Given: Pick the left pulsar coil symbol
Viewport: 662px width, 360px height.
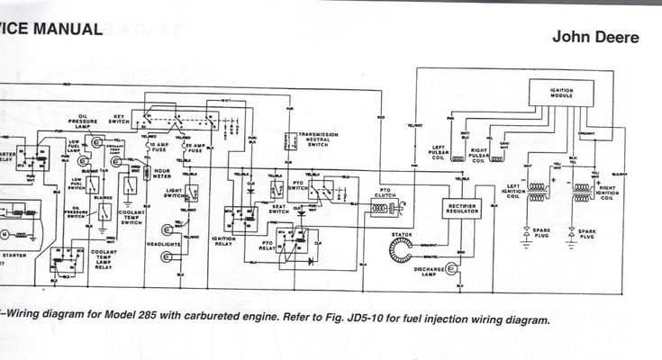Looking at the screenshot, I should click(459, 157).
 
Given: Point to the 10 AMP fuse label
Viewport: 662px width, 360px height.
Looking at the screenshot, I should click(159, 147).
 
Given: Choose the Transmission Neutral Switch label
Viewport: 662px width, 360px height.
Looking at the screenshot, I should click(319, 139).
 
